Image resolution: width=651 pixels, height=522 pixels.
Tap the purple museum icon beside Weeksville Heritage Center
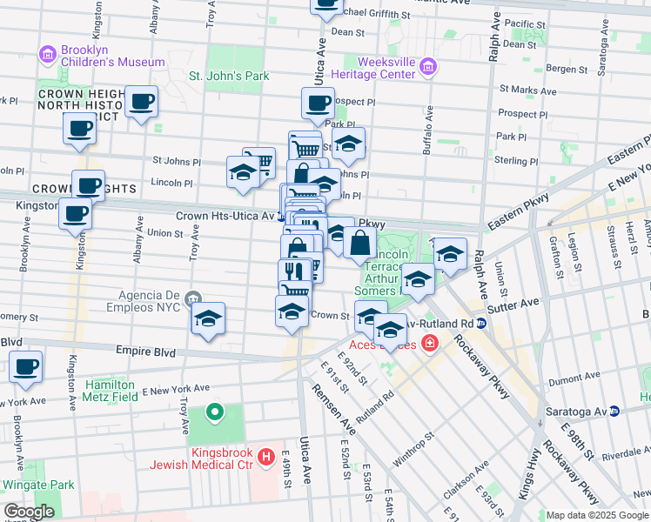point(427,67)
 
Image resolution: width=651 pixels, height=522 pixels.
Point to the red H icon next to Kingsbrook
point(267,456)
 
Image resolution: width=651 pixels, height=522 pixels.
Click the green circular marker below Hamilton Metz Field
point(214,412)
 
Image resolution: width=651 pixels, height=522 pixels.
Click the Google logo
point(30,512)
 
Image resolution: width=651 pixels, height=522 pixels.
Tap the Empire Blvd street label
point(139,352)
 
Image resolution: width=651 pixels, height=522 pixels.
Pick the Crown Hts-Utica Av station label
point(225,215)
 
